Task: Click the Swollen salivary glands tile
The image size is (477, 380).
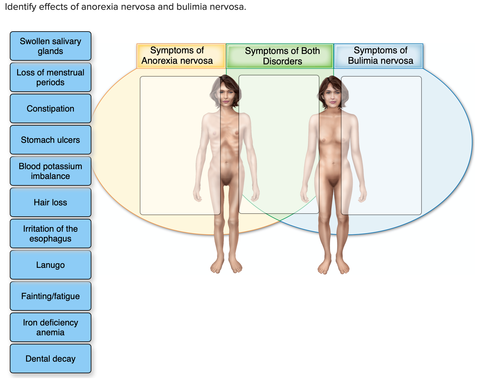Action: (51, 46)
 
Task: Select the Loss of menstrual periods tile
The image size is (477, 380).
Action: (51, 77)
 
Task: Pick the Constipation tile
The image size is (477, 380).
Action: (51, 108)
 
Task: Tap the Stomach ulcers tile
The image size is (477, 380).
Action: (51, 140)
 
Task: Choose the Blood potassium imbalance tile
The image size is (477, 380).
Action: (51, 171)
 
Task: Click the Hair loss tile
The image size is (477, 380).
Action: (51, 202)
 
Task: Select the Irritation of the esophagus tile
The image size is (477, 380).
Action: (51, 234)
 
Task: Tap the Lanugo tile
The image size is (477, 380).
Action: (51, 265)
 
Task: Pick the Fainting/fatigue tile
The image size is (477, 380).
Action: (51, 296)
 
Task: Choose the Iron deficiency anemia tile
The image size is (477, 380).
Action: (51, 327)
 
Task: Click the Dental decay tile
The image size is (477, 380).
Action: (51, 359)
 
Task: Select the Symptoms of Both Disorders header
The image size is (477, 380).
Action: (280, 56)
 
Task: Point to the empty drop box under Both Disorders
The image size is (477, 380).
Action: (279, 144)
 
